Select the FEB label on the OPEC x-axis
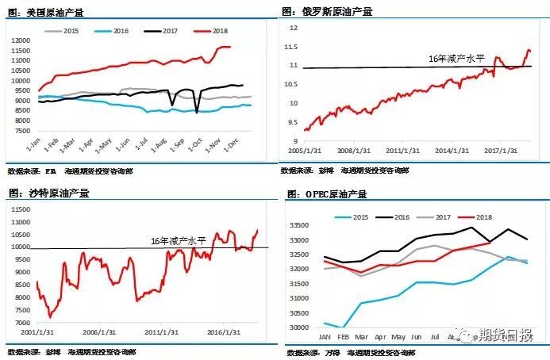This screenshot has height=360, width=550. [x=343, y=336]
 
